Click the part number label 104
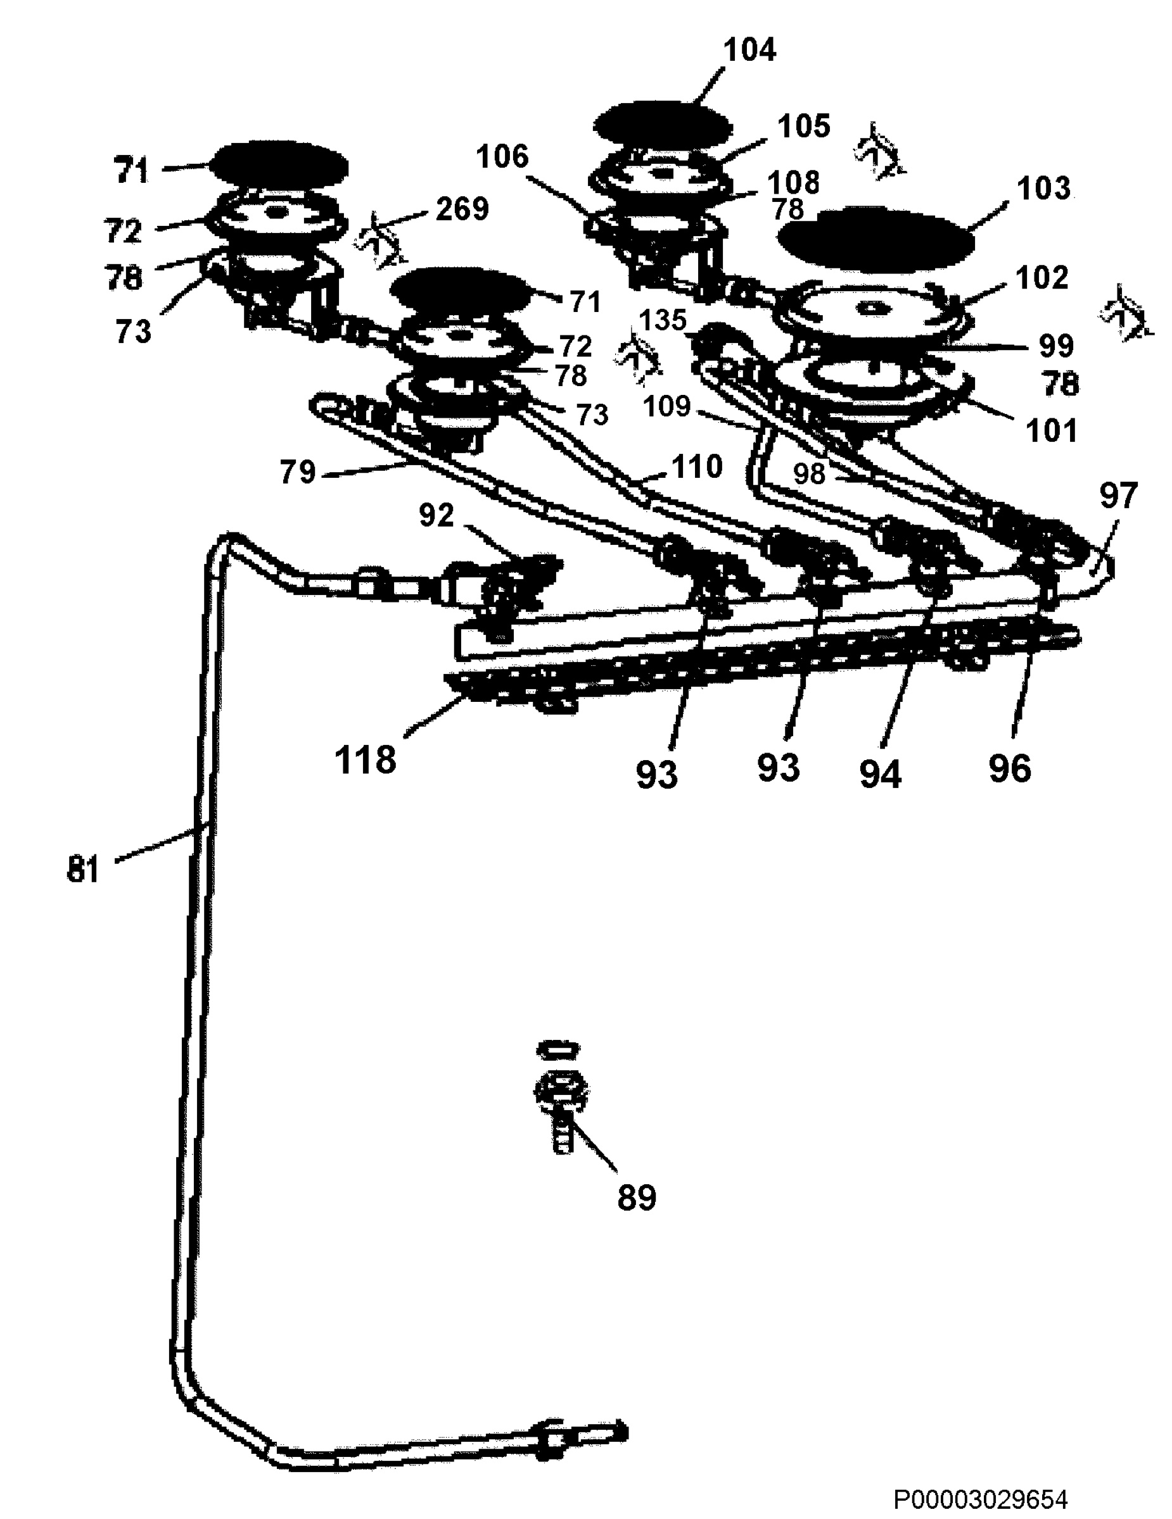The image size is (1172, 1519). [x=749, y=50]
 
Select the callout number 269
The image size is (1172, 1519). [x=462, y=209]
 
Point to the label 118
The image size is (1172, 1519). [x=366, y=759]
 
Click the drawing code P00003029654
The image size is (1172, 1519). [x=981, y=1498]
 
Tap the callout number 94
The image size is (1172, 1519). [x=881, y=773]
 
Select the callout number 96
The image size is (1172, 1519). [x=1010, y=768]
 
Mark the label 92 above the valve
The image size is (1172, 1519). [x=436, y=515]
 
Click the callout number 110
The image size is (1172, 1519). [x=697, y=466]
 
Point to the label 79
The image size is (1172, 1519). [x=298, y=472]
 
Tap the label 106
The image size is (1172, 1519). [x=502, y=156]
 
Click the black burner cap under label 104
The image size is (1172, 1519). [x=663, y=126]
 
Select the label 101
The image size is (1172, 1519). [x=1052, y=430]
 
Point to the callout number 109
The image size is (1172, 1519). [x=666, y=407]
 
